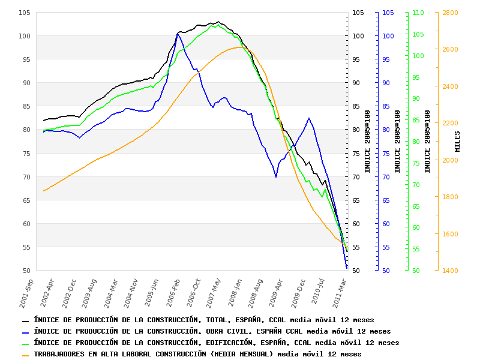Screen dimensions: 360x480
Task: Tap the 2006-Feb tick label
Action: click(x=173, y=291)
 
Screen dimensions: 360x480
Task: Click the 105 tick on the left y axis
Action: click(x=25, y=13)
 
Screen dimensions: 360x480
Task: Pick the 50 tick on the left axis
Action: click(x=26, y=271)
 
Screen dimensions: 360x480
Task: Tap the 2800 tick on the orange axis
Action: click(x=450, y=13)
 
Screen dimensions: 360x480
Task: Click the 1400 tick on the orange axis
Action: click(x=450, y=271)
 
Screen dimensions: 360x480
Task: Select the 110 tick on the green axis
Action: click(x=419, y=13)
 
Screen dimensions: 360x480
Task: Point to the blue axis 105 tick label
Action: click(x=388, y=13)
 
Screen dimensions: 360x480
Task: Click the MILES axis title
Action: click(x=458, y=141)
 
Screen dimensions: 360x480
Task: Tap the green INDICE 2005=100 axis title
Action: click(x=428, y=141)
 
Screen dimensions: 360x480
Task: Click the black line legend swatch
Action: click(x=26, y=320)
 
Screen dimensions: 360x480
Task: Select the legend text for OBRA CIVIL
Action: click(x=212, y=331)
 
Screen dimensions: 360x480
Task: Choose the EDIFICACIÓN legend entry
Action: click(x=216, y=343)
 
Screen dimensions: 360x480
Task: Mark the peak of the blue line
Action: click(x=178, y=34)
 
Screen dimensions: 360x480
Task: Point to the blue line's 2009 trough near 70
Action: click(x=276, y=177)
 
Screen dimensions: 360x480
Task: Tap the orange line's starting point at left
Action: click(x=43, y=191)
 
